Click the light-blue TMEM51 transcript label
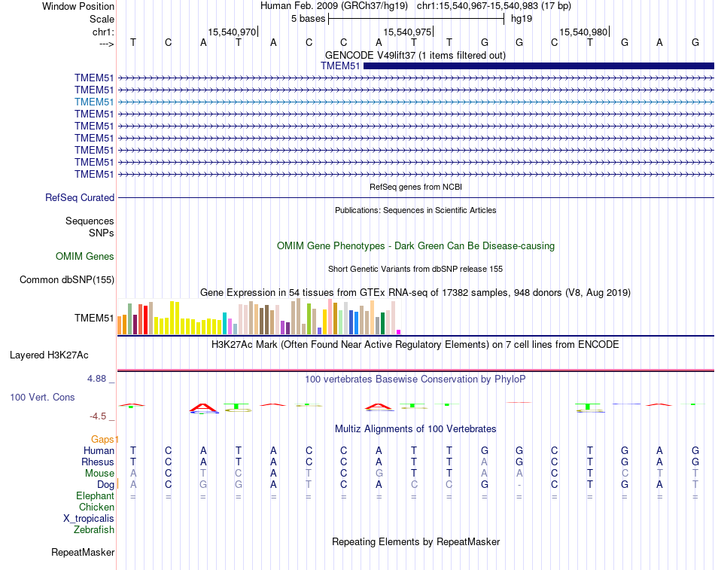point(94,102)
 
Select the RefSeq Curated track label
point(80,197)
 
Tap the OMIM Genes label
point(85,256)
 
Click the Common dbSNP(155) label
point(67,280)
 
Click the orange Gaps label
point(105,439)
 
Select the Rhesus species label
point(98,462)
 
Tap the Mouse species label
point(100,473)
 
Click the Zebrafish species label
point(94,529)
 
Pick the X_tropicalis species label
point(89,518)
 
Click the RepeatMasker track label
point(83,553)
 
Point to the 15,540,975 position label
point(407,32)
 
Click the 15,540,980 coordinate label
point(583,32)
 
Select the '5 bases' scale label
point(308,18)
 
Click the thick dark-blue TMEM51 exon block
point(538,66)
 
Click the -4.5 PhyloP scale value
point(99,416)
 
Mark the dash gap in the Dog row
point(519,484)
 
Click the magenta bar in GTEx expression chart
point(399,331)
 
